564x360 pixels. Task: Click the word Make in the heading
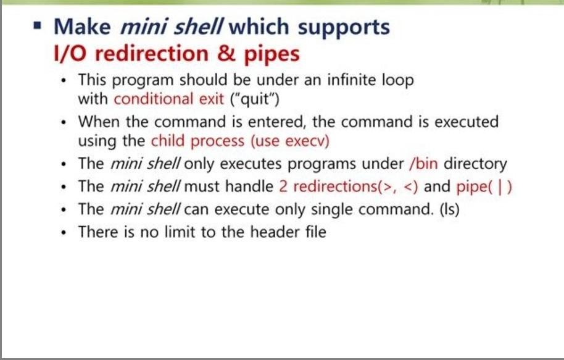click(81, 27)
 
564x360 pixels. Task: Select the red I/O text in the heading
click(72, 54)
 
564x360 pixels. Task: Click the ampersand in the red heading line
click(226, 54)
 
